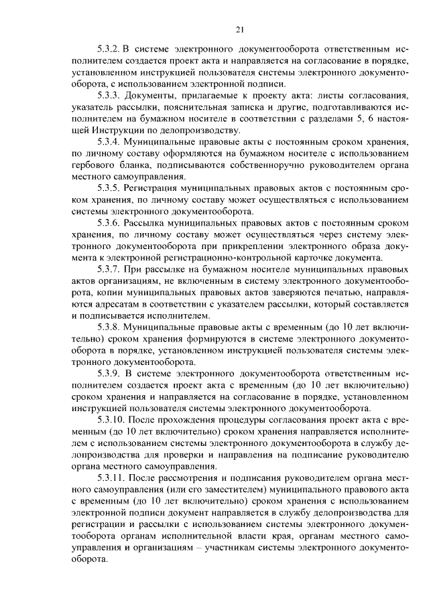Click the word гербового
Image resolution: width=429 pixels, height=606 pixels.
coord(95,165)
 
